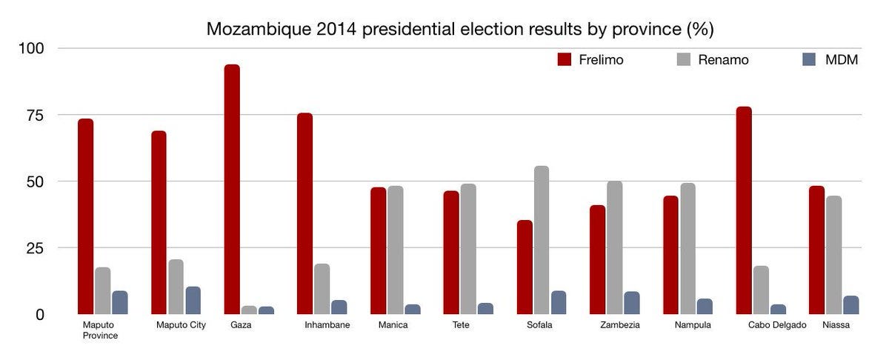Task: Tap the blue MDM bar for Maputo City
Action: pyautogui.click(x=193, y=300)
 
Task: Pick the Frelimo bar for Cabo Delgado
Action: pyautogui.click(x=744, y=210)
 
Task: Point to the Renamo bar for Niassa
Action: pyautogui.click(x=833, y=255)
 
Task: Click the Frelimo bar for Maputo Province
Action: pyautogui.click(x=85, y=216)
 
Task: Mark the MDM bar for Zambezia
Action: pyautogui.click(x=632, y=303)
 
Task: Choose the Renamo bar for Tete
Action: pyautogui.click(x=468, y=249)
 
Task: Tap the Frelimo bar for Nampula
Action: pyautogui.click(x=670, y=255)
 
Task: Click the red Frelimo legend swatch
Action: pyautogui.click(x=564, y=60)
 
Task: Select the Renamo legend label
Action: pyautogui.click(x=723, y=60)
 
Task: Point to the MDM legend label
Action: pyautogui.click(x=842, y=60)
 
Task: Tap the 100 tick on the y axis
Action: pyautogui.click(x=30, y=49)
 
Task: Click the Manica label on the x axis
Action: pyautogui.click(x=393, y=325)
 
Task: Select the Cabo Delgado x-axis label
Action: pyautogui.click(x=777, y=325)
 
